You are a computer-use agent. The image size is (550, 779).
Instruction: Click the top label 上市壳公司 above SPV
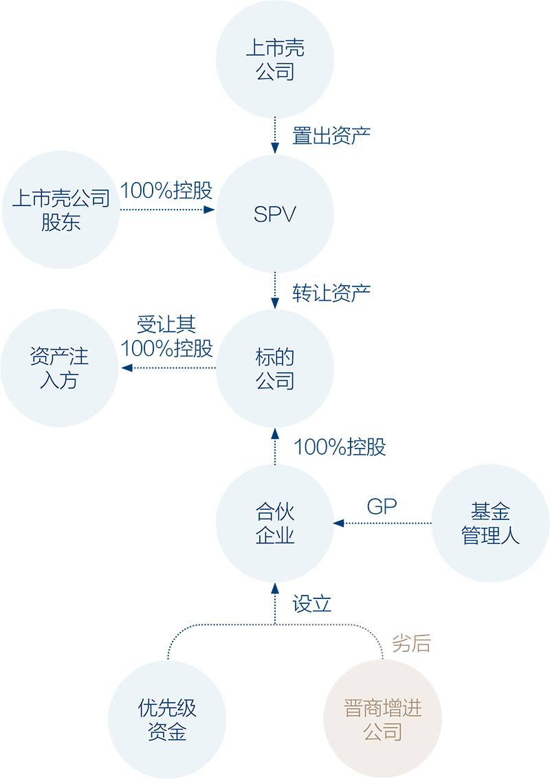[275, 60]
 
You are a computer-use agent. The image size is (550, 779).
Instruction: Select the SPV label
[274, 214]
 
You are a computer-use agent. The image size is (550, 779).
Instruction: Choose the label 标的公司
[275, 369]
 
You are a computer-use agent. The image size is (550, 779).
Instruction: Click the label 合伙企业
[275, 524]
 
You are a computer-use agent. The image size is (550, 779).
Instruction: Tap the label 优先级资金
[167, 720]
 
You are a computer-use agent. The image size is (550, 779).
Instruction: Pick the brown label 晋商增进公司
[383, 720]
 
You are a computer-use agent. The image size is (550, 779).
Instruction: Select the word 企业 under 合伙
[275, 536]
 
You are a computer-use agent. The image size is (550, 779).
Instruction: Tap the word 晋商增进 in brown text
[383, 708]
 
